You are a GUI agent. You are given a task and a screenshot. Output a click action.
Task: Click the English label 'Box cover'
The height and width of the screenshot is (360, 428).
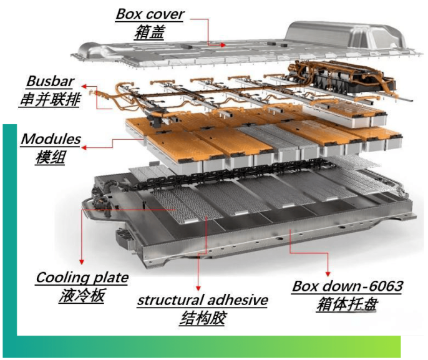150,14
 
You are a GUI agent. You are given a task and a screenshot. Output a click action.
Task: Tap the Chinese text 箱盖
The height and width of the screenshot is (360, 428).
150,32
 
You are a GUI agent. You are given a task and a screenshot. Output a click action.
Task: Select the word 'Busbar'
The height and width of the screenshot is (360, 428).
50,81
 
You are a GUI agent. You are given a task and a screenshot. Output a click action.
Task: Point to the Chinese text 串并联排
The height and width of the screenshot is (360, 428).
50,99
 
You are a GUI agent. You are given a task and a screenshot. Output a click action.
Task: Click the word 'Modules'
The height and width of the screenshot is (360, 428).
51,139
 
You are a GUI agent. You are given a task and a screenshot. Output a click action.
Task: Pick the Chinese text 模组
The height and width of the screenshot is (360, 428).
51,157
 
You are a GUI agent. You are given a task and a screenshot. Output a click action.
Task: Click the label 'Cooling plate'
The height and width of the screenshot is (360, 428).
82,278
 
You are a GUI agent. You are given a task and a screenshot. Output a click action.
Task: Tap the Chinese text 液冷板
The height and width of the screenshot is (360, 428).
82,296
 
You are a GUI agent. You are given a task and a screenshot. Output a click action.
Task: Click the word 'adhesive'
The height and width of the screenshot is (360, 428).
234,300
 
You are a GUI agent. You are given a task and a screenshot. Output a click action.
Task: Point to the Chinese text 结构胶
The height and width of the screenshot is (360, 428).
202,318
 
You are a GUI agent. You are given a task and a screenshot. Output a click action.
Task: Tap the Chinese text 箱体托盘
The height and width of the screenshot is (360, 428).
347,304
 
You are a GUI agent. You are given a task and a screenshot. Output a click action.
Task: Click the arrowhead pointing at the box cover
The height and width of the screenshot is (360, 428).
223,45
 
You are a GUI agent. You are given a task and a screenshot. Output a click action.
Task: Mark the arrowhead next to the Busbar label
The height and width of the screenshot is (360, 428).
84,87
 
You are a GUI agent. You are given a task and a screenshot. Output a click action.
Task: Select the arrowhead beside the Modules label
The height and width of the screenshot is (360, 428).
84,148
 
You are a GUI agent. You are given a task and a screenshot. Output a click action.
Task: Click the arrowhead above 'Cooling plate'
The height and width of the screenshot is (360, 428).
82,261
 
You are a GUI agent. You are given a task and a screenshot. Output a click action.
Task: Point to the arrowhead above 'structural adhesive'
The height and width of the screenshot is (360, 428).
198,288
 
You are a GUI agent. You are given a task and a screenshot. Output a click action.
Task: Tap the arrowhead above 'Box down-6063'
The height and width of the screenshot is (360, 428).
328,273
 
